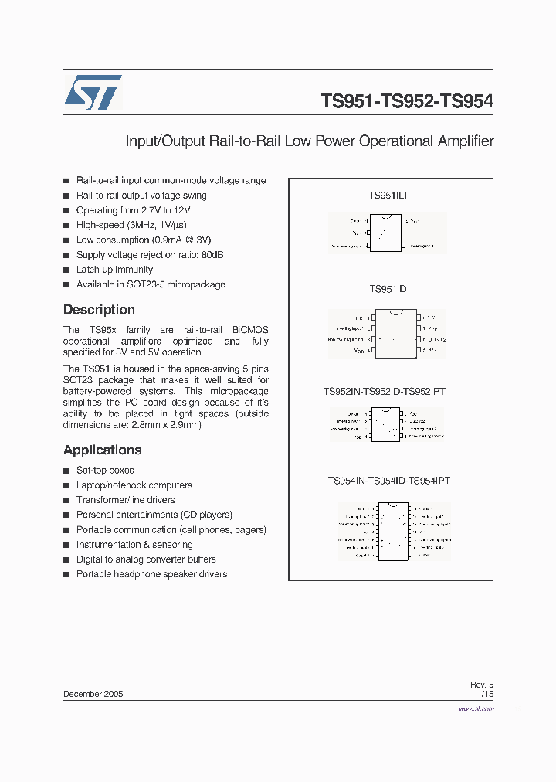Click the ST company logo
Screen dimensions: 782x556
pos(93,93)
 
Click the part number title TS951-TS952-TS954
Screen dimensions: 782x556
pos(407,101)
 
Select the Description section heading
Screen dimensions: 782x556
pos(99,310)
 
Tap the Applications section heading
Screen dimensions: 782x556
pos(103,450)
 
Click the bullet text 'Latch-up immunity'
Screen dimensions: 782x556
pos(114,270)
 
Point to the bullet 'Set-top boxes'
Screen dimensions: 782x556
pos(105,471)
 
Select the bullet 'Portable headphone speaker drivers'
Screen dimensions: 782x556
pos(151,574)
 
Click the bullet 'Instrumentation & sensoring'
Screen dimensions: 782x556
pos(134,545)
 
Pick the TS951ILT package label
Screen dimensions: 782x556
pos(388,195)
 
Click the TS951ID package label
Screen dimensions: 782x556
pos(388,289)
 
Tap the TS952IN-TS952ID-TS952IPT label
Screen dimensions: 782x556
pos(384,392)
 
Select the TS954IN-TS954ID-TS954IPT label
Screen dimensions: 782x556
pos(388,481)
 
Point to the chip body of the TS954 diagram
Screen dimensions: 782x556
pos(392,531)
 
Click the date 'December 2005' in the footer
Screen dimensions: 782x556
pos(93,694)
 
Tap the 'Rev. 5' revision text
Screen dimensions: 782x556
pos(481,685)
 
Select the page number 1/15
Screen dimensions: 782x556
pos(485,694)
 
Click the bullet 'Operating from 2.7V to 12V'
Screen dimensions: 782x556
pos(133,210)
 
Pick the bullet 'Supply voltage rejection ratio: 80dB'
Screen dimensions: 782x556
pos(150,255)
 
